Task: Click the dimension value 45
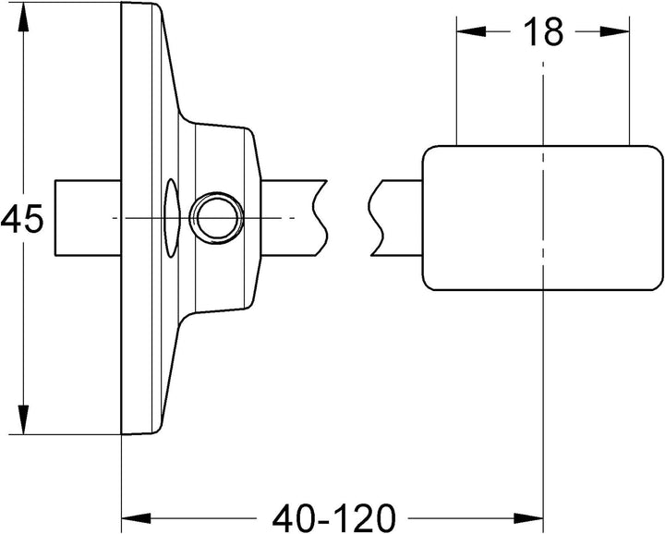(22, 219)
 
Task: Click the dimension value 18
(543, 31)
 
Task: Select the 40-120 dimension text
(333, 518)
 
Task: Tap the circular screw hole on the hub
(216, 218)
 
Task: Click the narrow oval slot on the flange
(171, 218)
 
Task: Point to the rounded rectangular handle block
(543, 218)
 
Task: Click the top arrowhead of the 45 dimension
(23, 18)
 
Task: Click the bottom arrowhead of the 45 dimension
(23, 419)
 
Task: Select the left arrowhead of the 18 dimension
(471, 31)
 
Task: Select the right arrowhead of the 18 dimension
(615, 31)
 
